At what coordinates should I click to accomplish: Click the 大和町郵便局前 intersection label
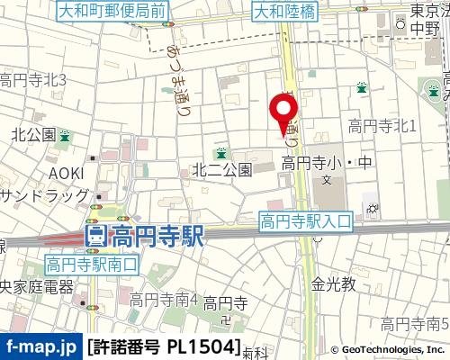(x=123, y=12)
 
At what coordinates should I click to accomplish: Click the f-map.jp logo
(x=40, y=346)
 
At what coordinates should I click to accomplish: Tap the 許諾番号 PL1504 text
(x=165, y=346)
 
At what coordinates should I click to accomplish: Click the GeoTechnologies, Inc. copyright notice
(x=388, y=349)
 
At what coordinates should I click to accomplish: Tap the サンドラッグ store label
(x=45, y=195)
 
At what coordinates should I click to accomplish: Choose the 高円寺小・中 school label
(x=326, y=163)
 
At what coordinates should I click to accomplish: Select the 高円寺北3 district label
(x=32, y=80)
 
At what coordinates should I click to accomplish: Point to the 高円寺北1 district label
(x=382, y=127)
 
